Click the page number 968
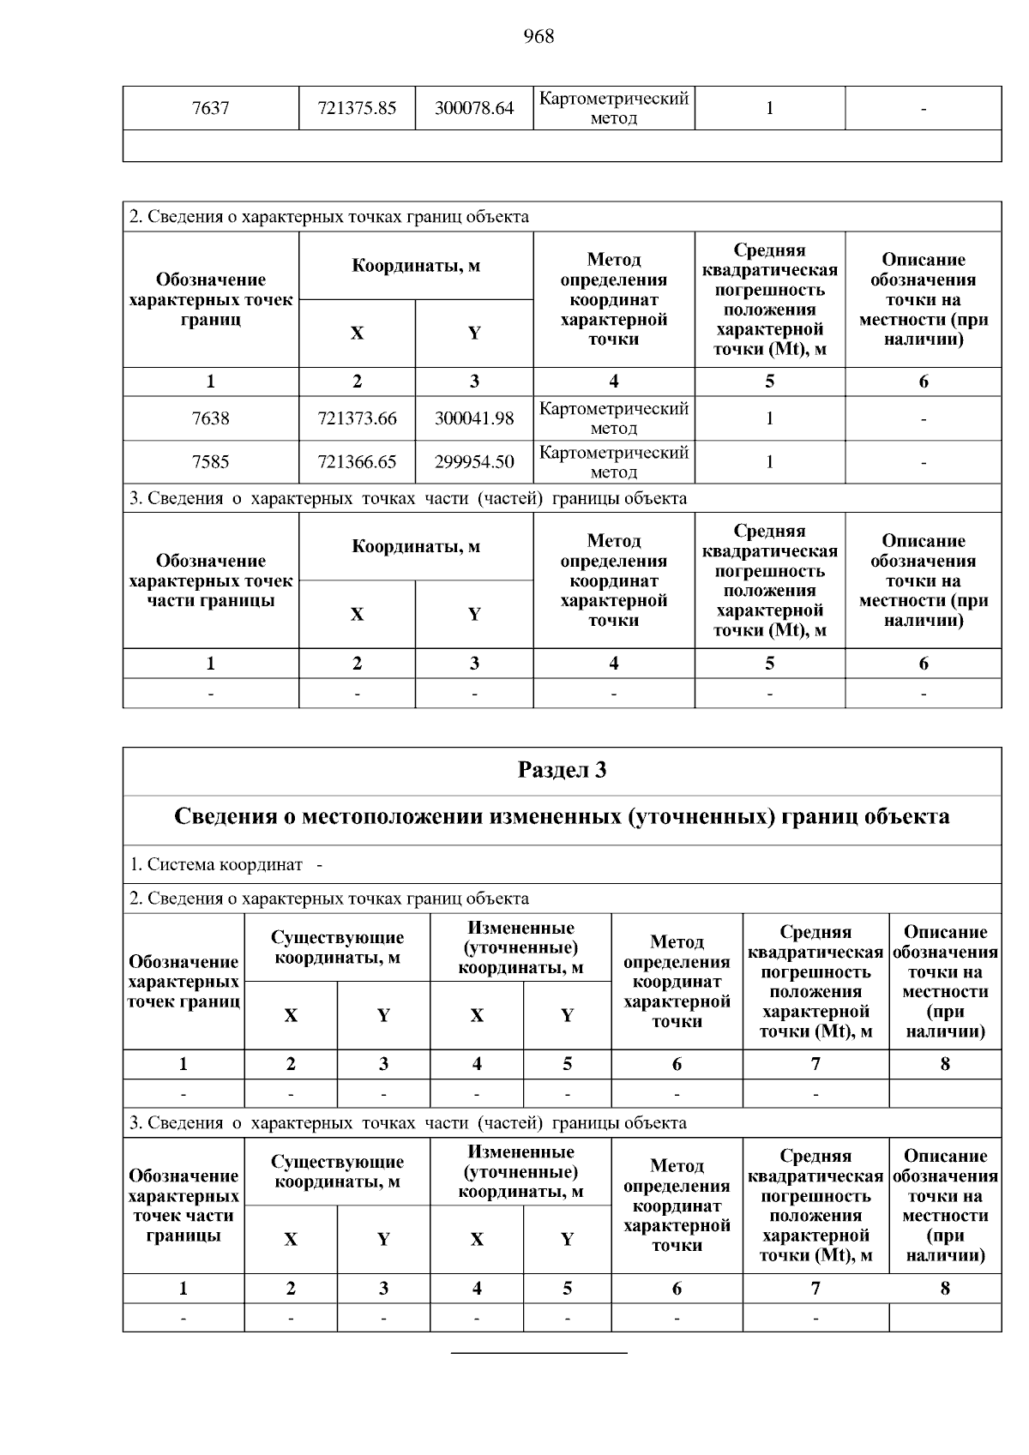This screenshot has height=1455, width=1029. click(x=539, y=36)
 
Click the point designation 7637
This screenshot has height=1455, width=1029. click(x=210, y=109)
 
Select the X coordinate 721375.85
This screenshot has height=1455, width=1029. click(x=357, y=109)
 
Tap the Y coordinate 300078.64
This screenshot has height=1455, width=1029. click(x=474, y=109)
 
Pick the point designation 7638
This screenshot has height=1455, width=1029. click(x=210, y=418)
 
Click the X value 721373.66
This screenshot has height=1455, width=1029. click(x=357, y=418)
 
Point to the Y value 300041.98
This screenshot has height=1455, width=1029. click(x=474, y=418)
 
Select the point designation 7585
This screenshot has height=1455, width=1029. click(x=210, y=462)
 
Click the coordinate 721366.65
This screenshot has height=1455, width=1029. click(x=357, y=462)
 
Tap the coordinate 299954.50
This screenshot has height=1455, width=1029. click(x=474, y=462)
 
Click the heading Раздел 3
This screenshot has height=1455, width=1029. click(x=562, y=770)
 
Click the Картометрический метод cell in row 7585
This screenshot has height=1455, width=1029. click(x=614, y=462)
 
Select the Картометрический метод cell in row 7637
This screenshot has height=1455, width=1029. click(x=614, y=109)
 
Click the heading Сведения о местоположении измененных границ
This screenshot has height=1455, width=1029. click(x=562, y=816)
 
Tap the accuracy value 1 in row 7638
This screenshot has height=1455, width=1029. click(x=769, y=418)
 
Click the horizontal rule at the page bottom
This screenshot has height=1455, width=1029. click(x=539, y=1353)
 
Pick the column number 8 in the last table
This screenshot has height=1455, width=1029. click(x=945, y=1288)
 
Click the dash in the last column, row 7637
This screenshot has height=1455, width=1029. click(x=924, y=109)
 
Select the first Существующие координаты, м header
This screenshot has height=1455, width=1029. click(x=337, y=947)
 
